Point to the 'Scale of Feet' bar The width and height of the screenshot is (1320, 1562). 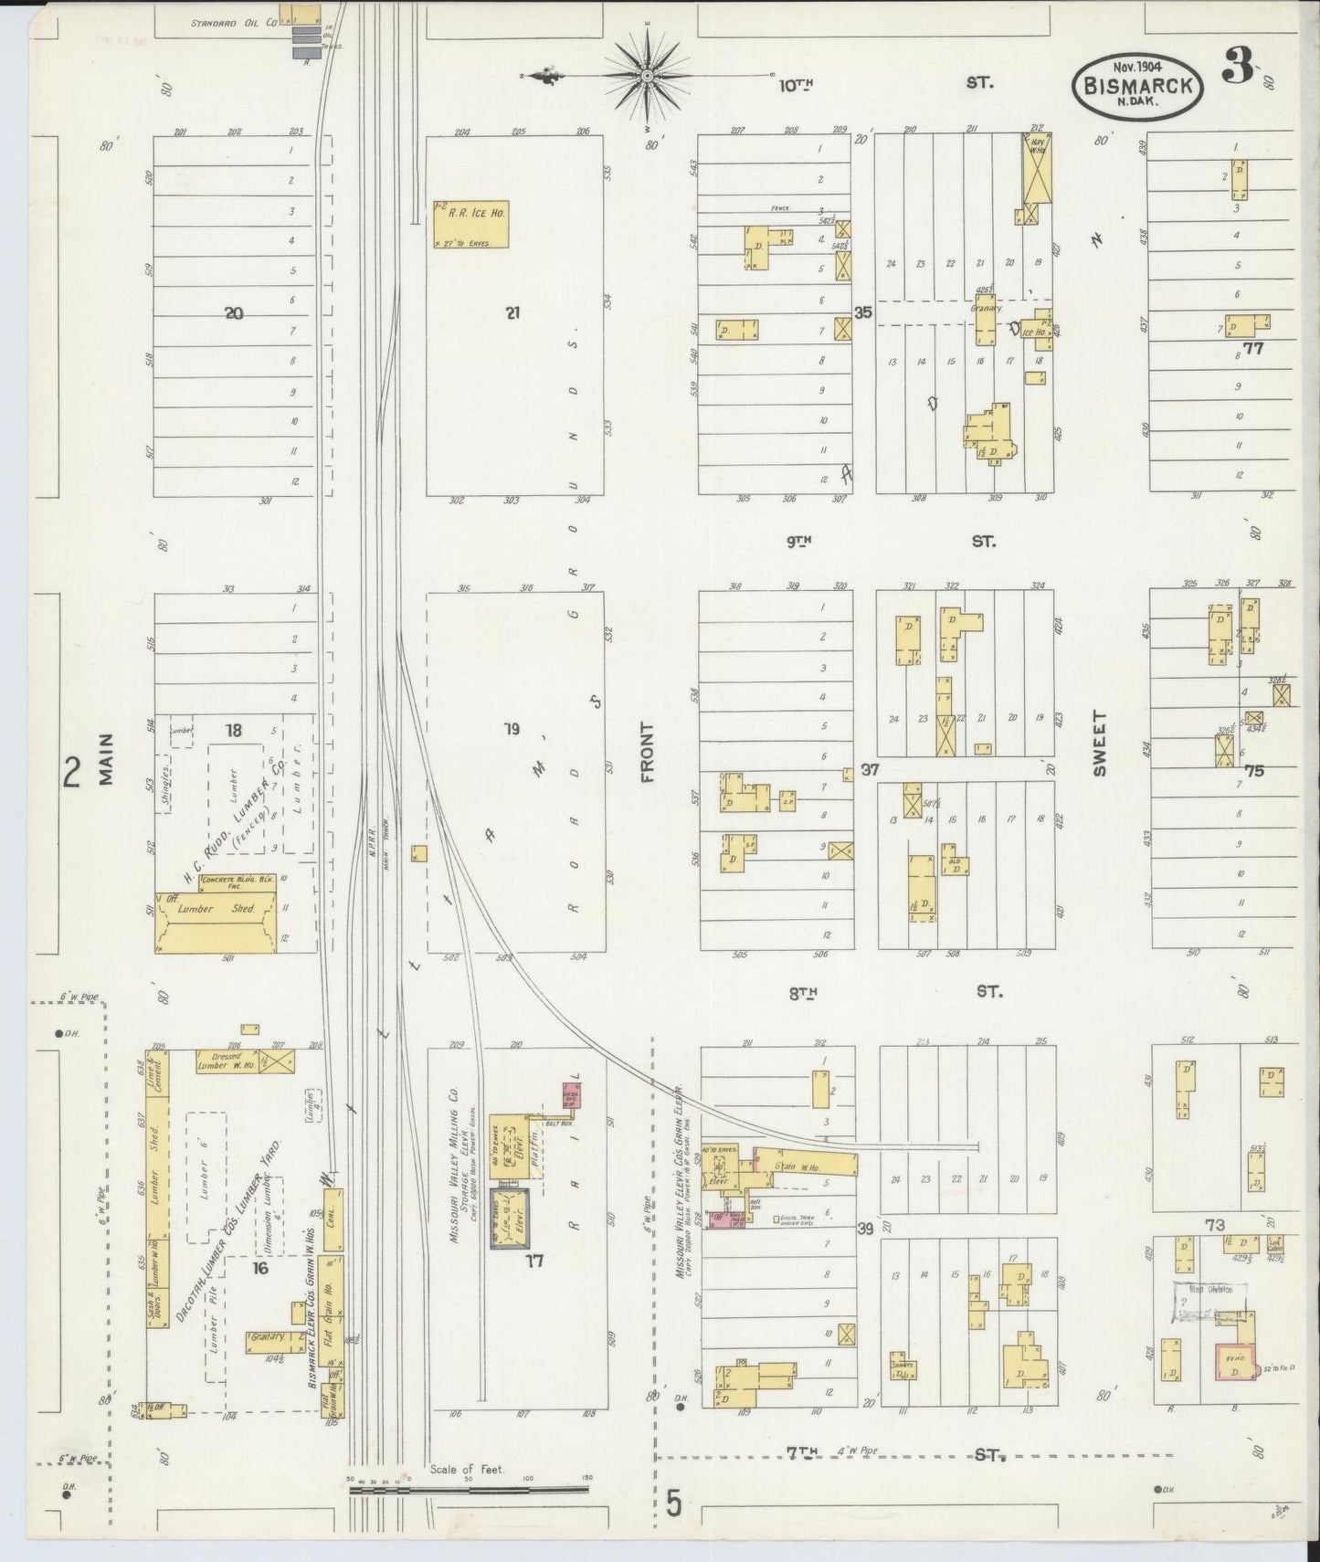pyautogui.click(x=469, y=1490)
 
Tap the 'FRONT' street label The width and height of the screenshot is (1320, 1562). pyautogui.click(x=649, y=752)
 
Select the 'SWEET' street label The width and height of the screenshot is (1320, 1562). pyautogui.click(x=1098, y=744)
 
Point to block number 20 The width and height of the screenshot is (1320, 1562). pyautogui.click(x=234, y=313)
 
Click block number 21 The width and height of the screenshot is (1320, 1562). pyautogui.click(x=512, y=312)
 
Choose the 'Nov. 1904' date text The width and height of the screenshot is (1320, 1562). pyautogui.click(x=1136, y=66)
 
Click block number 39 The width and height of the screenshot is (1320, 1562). pyautogui.click(x=864, y=1230)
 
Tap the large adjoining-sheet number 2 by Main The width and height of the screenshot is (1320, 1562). pyautogui.click(x=71, y=774)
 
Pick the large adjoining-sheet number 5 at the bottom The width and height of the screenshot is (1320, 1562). pyautogui.click(x=673, y=1504)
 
